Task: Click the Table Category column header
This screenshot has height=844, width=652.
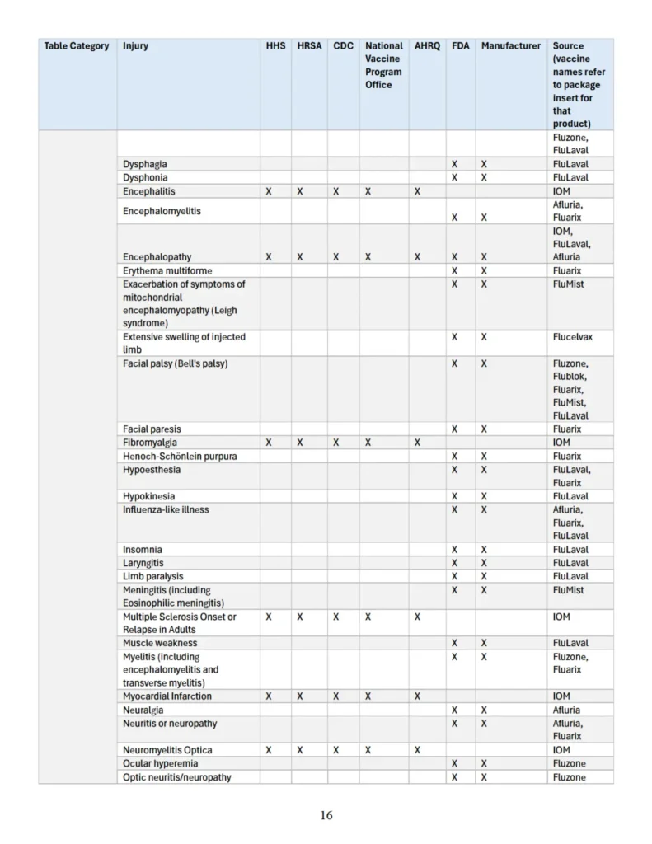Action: coord(77,46)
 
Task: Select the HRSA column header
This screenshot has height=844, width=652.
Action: coord(309,46)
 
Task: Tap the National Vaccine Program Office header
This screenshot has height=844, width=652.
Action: coord(384,65)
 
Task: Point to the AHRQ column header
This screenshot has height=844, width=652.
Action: coord(427,46)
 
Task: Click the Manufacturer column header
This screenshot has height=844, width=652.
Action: coord(511,46)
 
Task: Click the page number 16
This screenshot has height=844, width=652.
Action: coord(326,815)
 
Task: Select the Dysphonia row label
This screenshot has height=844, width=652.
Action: coord(145,177)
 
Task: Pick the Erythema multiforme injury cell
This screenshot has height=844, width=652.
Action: coord(167,270)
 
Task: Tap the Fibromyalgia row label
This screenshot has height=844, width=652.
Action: coord(150,443)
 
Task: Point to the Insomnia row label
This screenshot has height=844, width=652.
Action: coord(143,550)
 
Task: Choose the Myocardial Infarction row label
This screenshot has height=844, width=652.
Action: coord(167,696)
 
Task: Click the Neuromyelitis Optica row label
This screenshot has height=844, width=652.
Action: coord(167,750)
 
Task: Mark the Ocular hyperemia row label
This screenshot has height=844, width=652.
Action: coord(160,763)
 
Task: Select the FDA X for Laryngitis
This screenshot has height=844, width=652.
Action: coord(454,563)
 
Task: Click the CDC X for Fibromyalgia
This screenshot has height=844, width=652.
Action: coord(336,443)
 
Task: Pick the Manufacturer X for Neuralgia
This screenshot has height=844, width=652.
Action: coord(484,710)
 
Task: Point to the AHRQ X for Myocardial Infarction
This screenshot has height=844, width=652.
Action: coord(418,696)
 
